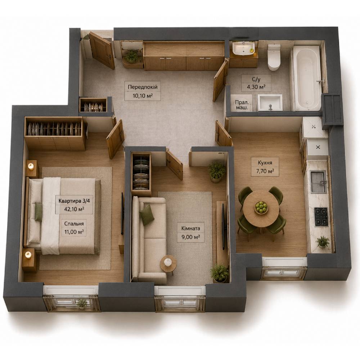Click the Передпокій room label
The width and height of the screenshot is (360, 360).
pos(143,87)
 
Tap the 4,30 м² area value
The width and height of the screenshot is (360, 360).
pos(256,87)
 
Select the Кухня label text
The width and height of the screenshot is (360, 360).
pos(265,163)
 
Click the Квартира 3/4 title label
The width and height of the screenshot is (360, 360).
pos(74,201)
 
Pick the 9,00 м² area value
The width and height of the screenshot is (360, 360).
pos(190,237)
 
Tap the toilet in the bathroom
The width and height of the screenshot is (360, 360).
pos(274,57)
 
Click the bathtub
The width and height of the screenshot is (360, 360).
pos(306,78)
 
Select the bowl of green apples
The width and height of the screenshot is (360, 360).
pos(261,207)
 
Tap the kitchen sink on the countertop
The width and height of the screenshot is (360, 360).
pos(319,181)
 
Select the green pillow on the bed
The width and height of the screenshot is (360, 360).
pos(39,212)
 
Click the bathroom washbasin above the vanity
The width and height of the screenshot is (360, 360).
pos(243,49)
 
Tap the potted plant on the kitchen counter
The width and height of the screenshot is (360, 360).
pos(323,242)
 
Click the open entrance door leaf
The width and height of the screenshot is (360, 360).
pos(102,50)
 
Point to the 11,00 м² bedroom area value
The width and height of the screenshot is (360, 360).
pos(74,232)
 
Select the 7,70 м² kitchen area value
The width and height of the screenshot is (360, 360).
pos(265,171)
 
